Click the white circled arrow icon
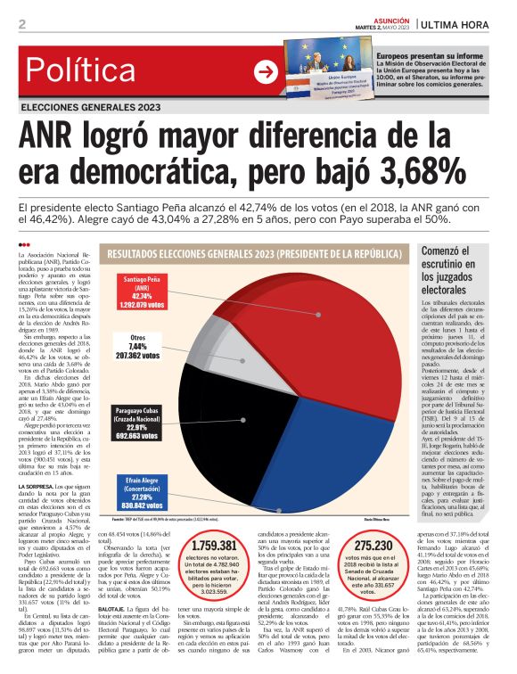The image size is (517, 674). [265, 71]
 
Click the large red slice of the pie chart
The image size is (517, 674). [339, 357]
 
